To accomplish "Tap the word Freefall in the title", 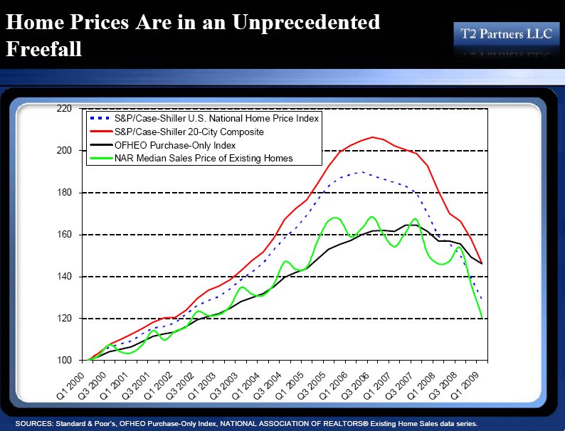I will click(44, 49).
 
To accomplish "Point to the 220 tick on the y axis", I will click(65, 109).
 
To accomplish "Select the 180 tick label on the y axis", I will click(65, 193).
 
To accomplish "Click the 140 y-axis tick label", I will click(65, 277).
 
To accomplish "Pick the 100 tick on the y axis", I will click(65, 361).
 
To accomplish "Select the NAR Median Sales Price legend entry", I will click(203, 159).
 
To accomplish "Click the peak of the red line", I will click(373, 137).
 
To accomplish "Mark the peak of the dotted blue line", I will click(362, 171).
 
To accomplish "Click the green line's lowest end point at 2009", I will click(482, 317).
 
